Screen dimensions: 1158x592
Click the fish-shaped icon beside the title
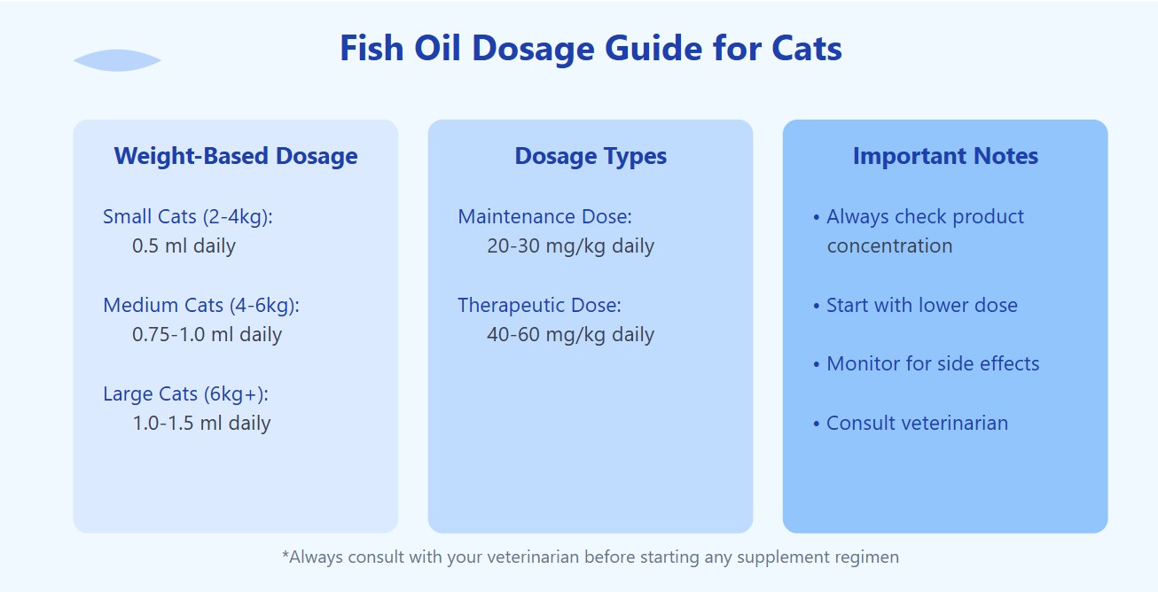[x=117, y=60]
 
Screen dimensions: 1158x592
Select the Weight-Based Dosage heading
[x=236, y=156]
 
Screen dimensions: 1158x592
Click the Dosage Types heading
[x=591, y=156]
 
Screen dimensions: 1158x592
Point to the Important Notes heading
[x=945, y=156]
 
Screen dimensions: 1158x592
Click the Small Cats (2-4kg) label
[x=188, y=217]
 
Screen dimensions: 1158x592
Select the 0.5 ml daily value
[x=184, y=245]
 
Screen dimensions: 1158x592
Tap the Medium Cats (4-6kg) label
[x=201, y=305]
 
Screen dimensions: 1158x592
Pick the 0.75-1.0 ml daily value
[x=207, y=335]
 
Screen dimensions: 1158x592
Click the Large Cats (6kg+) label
[x=185, y=394]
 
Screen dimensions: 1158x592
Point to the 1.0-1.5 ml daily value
[x=201, y=424]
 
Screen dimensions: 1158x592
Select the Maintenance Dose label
[x=545, y=217]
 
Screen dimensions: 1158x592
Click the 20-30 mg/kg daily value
[x=570, y=246]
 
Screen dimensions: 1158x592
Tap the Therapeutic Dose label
[x=539, y=306]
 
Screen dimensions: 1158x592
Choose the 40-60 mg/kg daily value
[x=570, y=335]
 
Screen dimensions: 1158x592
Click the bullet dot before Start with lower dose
[x=817, y=307]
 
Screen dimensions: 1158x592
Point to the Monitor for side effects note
[x=933, y=364]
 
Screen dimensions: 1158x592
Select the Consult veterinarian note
[x=917, y=424]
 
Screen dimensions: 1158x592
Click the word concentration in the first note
[x=889, y=246]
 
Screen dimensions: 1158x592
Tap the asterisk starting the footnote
[x=286, y=554]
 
